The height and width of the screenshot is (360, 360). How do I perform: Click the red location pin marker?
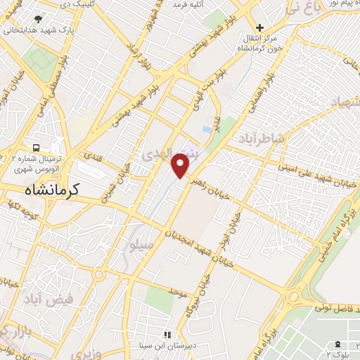(x=181, y=165)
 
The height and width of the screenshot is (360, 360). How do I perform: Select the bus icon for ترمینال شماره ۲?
(x=35, y=148)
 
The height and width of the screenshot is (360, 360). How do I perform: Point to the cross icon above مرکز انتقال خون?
(x=259, y=26)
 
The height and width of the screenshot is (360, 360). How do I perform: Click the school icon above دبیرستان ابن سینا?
(x=167, y=335)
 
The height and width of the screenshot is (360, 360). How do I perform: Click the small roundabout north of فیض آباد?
(x=98, y=274)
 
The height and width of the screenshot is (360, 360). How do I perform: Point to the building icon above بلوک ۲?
(x=340, y=342)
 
